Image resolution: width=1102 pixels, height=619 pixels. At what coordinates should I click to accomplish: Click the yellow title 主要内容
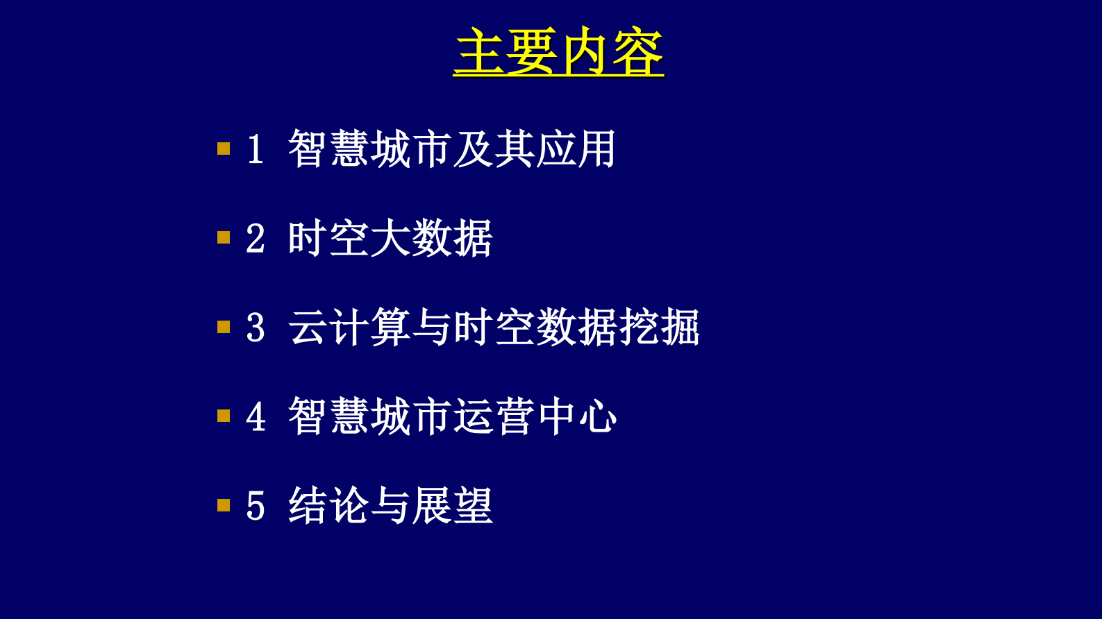tap(558, 51)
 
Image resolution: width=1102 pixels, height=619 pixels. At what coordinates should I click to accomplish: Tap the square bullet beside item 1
tap(224, 149)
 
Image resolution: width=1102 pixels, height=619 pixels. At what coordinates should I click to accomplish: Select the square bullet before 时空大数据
tap(224, 238)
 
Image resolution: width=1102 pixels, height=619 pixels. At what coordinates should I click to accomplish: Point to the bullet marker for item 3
tap(224, 327)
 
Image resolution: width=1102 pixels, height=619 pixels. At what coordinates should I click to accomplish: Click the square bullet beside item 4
tap(224, 416)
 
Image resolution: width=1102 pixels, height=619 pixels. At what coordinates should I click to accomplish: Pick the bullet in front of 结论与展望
tap(224, 505)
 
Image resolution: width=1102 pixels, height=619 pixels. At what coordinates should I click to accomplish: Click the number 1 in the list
tap(256, 149)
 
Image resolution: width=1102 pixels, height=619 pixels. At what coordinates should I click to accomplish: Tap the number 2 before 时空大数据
tap(256, 239)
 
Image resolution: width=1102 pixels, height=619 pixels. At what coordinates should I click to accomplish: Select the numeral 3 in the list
tap(256, 328)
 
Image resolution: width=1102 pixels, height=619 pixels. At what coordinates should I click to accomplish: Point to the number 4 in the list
tap(256, 417)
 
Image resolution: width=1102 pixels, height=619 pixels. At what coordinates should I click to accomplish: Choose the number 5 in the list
tap(256, 506)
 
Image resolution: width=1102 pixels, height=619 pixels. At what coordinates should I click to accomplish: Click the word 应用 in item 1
tap(576, 149)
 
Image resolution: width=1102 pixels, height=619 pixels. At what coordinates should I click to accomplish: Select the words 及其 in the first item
tap(493, 149)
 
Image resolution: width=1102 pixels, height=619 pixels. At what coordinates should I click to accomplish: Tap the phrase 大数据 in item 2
tap(431, 238)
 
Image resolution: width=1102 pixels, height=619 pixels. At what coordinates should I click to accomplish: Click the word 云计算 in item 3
tap(349, 327)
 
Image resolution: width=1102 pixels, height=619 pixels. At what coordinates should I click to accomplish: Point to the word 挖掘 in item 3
tap(660, 327)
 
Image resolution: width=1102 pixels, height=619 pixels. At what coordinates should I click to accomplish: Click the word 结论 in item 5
tap(328, 505)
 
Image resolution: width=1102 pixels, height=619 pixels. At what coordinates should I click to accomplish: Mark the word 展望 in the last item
tap(452, 505)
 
